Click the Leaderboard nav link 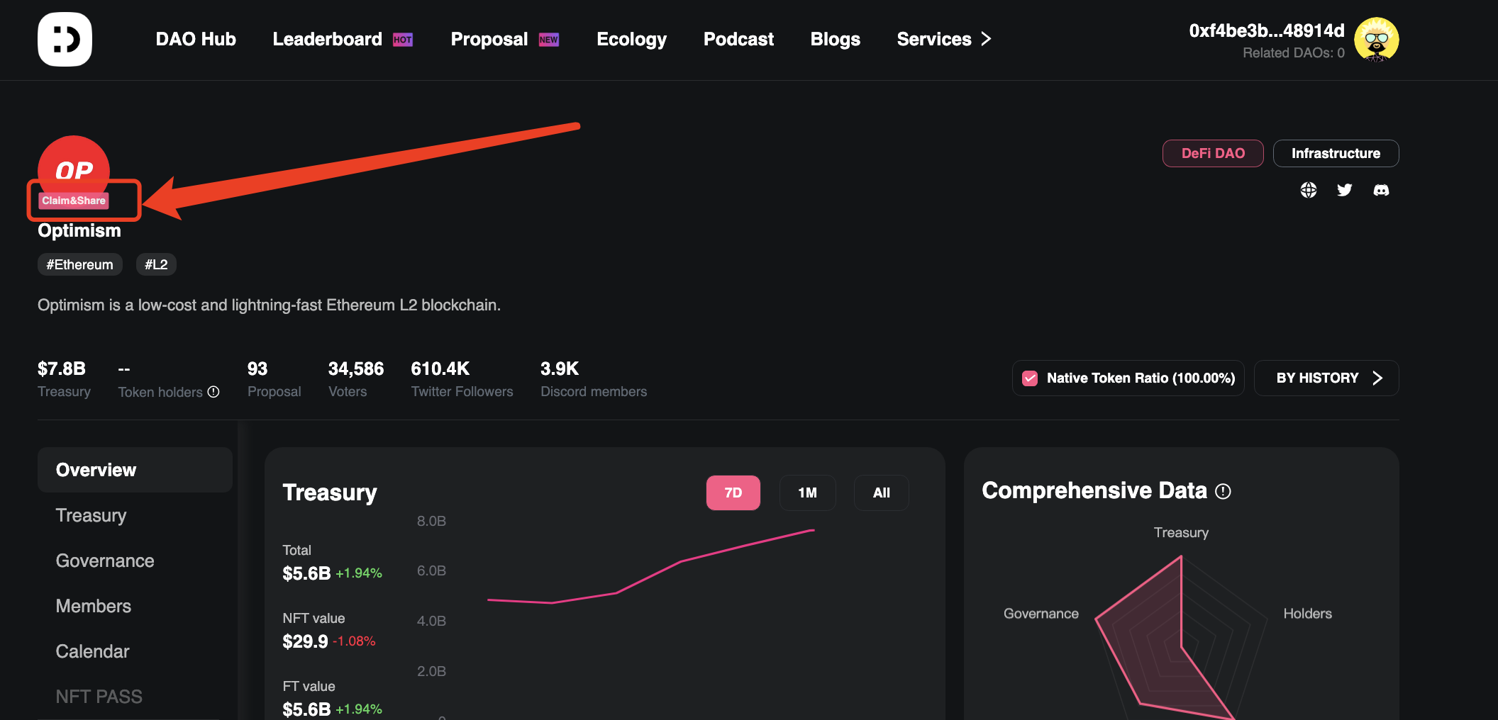coord(327,39)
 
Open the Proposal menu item coord(489,39)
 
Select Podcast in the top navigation coord(738,39)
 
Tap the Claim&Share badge coord(74,201)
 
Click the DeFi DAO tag coord(1213,153)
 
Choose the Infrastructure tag coord(1336,153)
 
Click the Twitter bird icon coord(1344,190)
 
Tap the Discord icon coord(1381,190)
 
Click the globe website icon coord(1309,190)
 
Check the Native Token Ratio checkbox coord(1030,378)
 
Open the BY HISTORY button coord(1326,378)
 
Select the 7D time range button coord(733,493)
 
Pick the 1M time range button coord(807,493)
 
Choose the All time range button coord(881,493)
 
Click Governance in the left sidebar coord(105,561)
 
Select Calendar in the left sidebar coord(92,651)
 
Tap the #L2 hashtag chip coord(156,264)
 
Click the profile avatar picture coord(1376,40)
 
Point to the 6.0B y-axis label coord(431,570)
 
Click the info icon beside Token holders coord(213,392)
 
